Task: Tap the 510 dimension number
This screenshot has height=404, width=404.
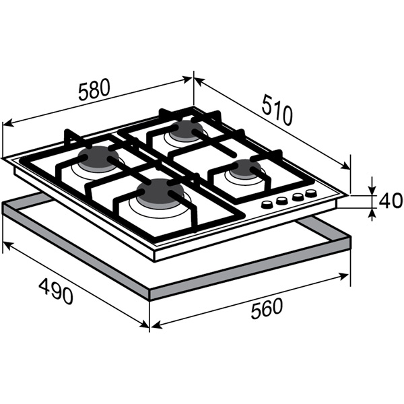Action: pyautogui.click(x=277, y=110)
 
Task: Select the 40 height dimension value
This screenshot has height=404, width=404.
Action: pyautogui.click(x=391, y=201)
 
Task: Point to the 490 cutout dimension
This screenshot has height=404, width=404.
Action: pyautogui.click(x=56, y=291)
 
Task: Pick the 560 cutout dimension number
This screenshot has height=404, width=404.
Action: pyautogui.click(x=267, y=308)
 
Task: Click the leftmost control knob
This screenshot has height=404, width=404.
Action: pyautogui.click(x=267, y=205)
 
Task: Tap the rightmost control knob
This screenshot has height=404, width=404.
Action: pyautogui.click(x=311, y=193)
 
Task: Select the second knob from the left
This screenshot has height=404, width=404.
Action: pyautogui.click(x=282, y=201)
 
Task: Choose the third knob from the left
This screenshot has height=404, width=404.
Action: pyautogui.click(x=298, y=197)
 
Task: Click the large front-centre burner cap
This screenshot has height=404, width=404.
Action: pyautogui.click(x=160, y=191)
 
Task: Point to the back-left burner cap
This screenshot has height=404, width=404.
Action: pyautogui.click(x=99, y=157)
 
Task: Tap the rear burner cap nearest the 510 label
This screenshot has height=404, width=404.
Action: pyautogui.click(x=188, y=129)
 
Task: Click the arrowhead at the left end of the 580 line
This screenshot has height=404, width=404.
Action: pyautogui.click(x=7, y=124)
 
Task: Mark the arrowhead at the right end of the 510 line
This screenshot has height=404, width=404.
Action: pyautogui.click(x=345, y=166)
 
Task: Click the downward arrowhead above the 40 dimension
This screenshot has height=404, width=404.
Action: pyautogui.click(x=372, y=190)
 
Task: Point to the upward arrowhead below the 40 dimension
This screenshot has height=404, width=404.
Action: pyautogui.click(x=372, y=214)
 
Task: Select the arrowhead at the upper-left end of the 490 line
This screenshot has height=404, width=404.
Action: pyautogui.click(x=7, y=245)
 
